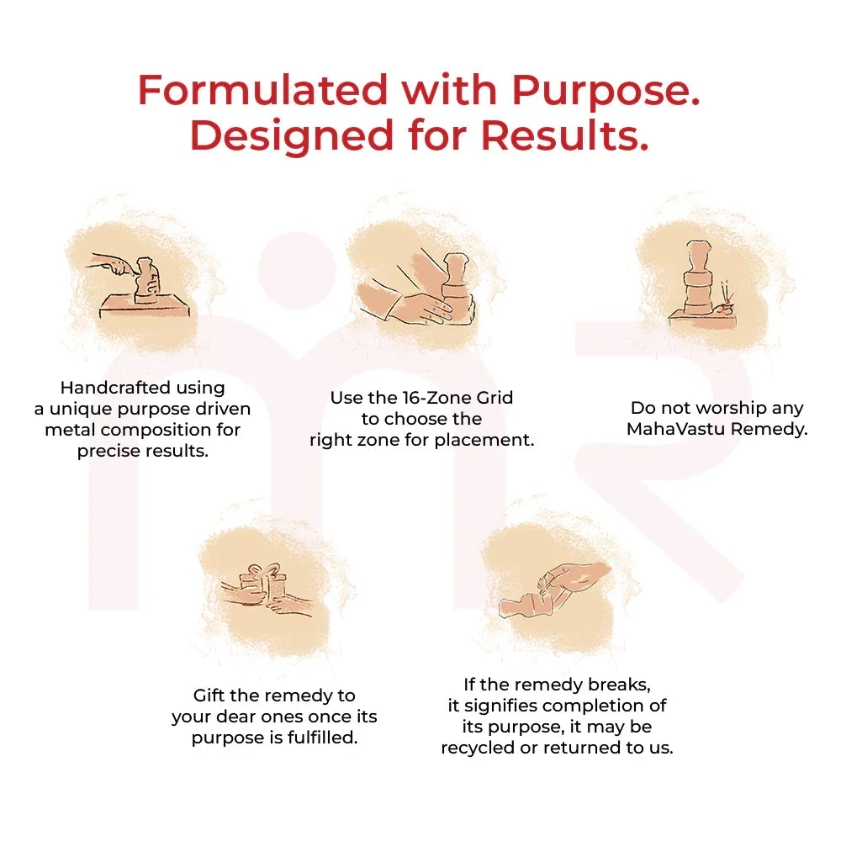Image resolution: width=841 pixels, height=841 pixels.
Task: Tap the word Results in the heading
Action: (564, 135)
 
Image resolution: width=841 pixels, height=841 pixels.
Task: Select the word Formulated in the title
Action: (262, 90)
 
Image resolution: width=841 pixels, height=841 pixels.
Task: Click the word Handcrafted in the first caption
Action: (115, 387)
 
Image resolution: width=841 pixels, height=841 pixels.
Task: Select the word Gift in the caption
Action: (204, 696)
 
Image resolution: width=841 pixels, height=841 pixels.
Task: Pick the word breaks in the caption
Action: (620, 685)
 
